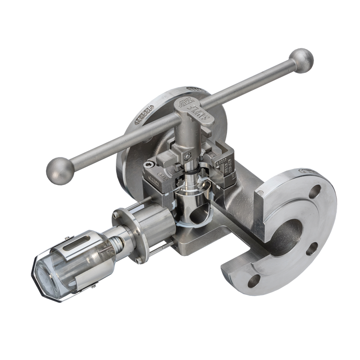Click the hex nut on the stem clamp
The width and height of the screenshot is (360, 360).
pos(188,155)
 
